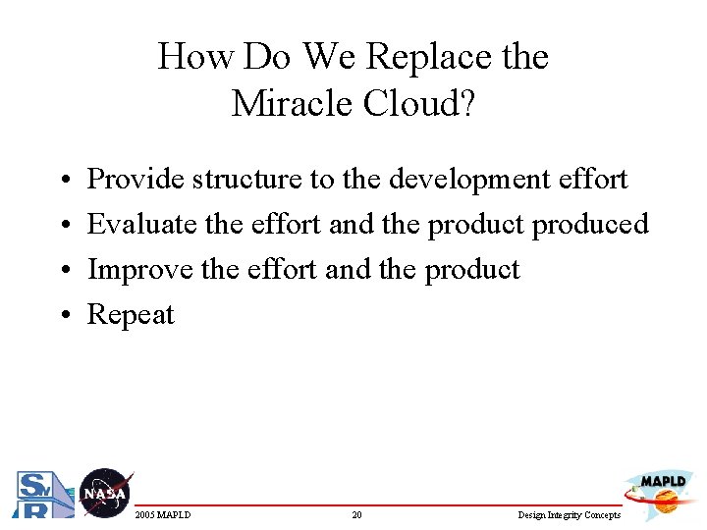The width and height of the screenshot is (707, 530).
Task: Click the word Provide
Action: [x=136, y=180]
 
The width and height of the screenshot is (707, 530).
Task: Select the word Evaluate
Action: [x=142, y=225]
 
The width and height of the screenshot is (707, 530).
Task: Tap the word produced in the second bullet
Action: [x=590, y=225]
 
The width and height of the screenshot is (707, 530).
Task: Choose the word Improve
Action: [x=139, y=270]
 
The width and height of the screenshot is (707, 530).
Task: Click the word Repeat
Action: [x=131, y=315]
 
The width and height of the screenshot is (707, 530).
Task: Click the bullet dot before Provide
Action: [x=62, y=181]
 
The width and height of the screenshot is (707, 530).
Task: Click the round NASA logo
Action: [x=104, y=493]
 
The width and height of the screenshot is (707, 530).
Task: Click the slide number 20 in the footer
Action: [x=356, y=515]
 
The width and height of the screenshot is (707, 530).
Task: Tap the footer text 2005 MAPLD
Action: [x=163, y=515]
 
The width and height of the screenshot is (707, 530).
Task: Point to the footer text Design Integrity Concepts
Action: [x=570, y=515]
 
